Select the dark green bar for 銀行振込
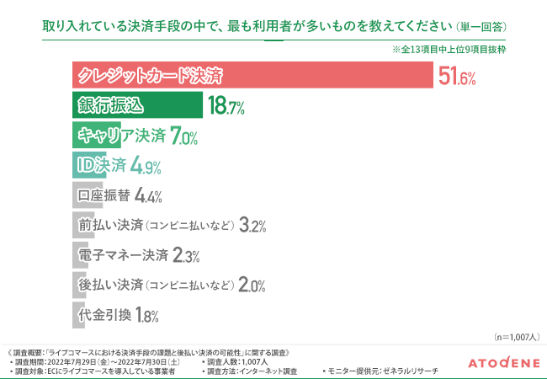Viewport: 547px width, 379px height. (x=135, y=105)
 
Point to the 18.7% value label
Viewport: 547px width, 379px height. (x=226, y=106)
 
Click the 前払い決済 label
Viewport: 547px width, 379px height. (x=111, y=226)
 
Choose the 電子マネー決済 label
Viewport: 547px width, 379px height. (x=123, y=255)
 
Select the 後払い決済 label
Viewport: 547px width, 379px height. (x=111, y=286)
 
